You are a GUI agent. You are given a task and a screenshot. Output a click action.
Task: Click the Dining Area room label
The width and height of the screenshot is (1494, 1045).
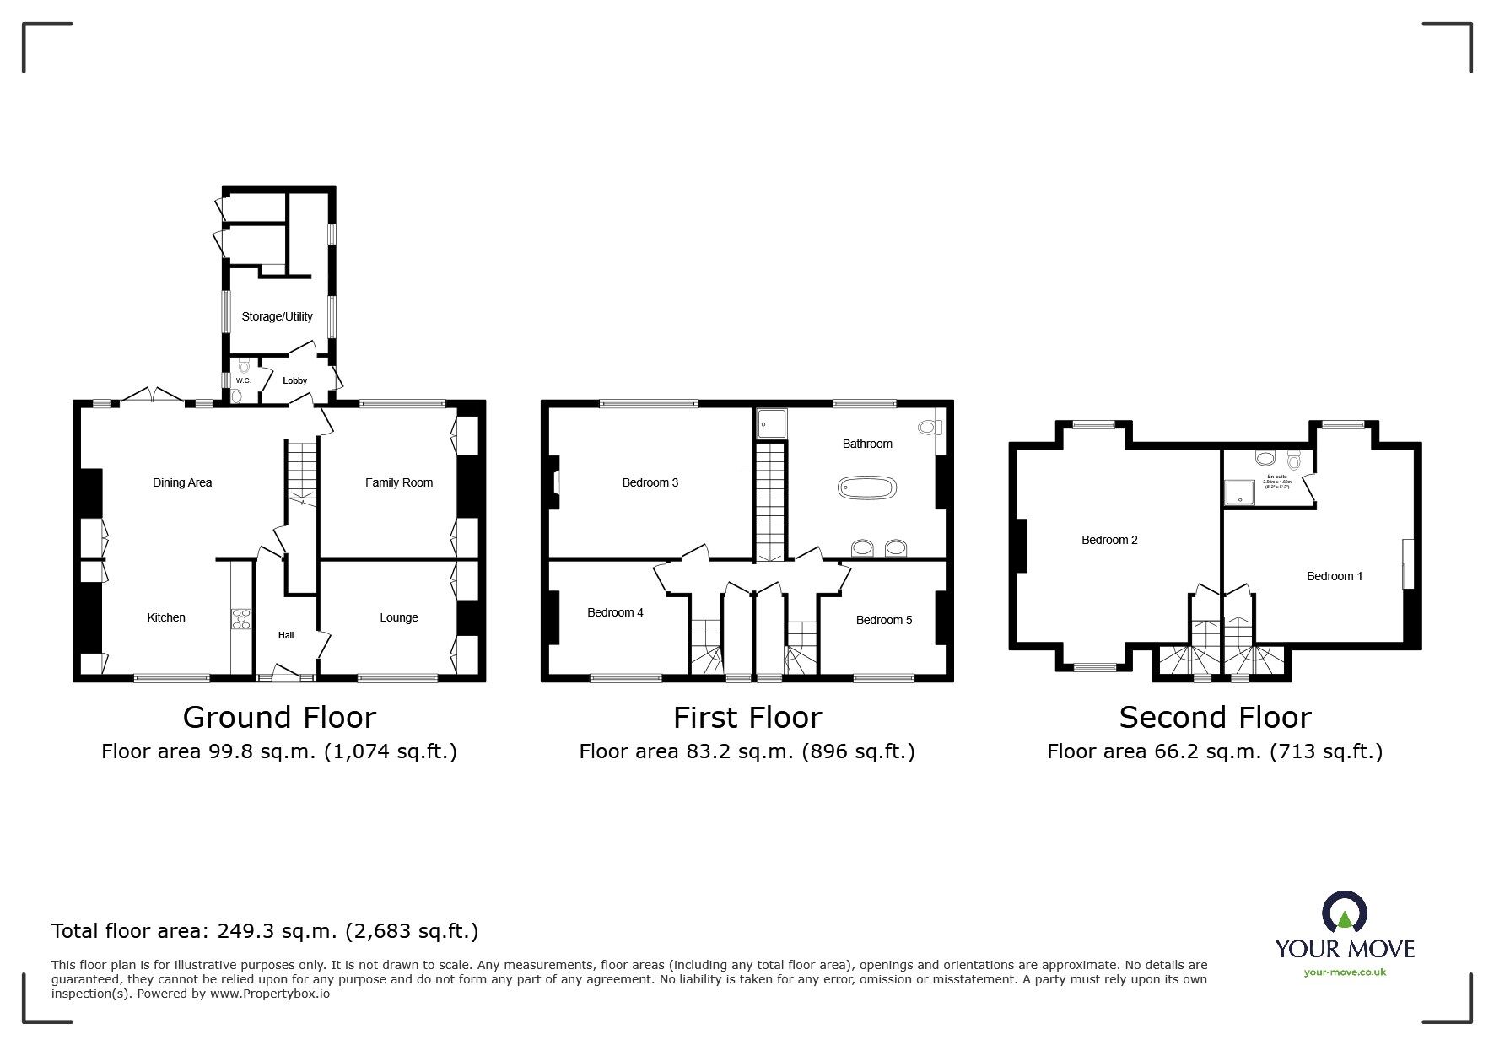(x=181, y=482)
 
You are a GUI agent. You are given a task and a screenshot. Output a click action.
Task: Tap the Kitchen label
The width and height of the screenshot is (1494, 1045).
(x=166, y=617)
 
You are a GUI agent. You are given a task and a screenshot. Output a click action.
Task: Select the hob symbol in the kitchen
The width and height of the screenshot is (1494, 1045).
(x=241, y=618)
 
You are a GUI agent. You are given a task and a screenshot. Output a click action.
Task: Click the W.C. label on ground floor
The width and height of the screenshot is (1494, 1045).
(x=243, y=381)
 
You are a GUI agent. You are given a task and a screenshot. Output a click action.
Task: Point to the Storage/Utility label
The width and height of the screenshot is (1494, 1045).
(x=277, y=316)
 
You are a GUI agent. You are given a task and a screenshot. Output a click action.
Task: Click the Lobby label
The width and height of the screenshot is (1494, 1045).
(x=294, y=381)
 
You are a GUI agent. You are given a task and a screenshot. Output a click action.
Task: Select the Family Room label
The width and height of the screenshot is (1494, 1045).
(x=398, y=482)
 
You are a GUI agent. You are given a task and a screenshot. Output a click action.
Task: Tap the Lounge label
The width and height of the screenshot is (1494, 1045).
(x=398, y=617)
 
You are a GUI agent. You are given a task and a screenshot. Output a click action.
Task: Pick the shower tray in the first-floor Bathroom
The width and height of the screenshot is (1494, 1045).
(x=771, y=423)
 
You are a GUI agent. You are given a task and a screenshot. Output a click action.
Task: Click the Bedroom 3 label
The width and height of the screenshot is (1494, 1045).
(x=650, y=482)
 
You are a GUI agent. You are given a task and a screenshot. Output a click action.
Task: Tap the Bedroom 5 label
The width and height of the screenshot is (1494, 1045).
(x=883, y=620)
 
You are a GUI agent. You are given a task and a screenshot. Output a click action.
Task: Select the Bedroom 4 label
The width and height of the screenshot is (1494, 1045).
(x=615, y=612)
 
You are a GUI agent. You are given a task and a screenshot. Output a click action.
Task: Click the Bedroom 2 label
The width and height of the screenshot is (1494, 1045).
(x=1109, y=540)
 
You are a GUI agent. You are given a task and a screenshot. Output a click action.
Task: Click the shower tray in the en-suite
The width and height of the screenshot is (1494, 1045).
(x=1240, y=493)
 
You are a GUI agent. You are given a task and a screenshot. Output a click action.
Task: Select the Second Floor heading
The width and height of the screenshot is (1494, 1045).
(x=1214, y=718)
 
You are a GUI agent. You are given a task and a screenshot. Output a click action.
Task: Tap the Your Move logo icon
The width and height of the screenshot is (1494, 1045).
(x=1343, y=914)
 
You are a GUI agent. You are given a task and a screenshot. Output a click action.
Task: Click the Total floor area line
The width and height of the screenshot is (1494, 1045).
(x=265, y=931)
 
